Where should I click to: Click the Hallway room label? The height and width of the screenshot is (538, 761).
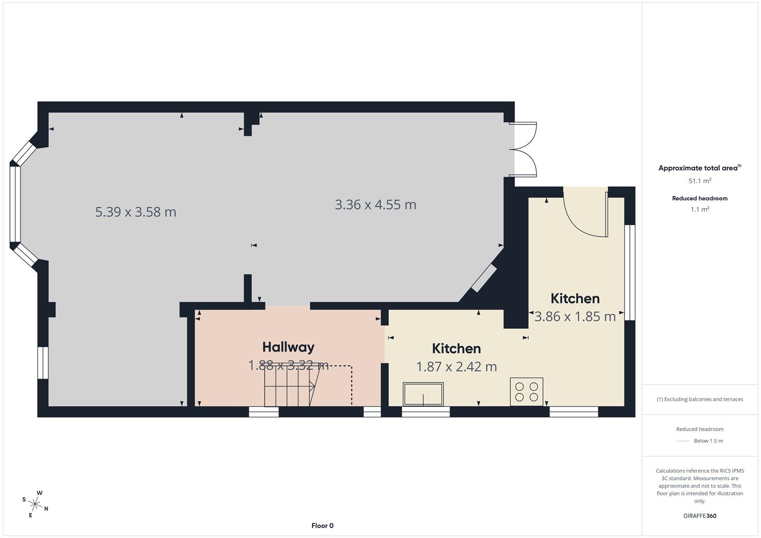click(288, 347)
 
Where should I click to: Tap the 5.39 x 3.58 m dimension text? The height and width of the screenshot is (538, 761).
click(136, 212)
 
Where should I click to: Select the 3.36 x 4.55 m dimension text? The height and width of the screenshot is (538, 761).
click(375, 205)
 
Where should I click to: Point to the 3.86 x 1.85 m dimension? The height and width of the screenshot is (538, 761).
click(575, 316)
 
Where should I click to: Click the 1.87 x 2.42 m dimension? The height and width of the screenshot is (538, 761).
click(457, 367)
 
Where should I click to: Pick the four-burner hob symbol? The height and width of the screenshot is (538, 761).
click(526, 392)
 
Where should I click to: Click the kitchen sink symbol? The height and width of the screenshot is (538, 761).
click(423, 394)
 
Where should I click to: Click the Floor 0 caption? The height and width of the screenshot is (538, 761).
click(322, 526)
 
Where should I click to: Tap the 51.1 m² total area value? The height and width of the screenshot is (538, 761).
click(700, 181)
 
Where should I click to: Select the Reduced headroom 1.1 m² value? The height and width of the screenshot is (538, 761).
click(700, 209)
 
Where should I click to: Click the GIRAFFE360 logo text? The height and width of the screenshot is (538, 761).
click(700, 516)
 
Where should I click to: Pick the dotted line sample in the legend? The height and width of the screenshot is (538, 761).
click(683, 441)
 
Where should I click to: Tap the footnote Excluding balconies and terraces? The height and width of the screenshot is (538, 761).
click(700, 399)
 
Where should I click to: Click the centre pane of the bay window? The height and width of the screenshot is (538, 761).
click(15, 205)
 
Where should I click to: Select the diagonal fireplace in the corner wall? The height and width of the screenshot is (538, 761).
click(484, 278)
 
